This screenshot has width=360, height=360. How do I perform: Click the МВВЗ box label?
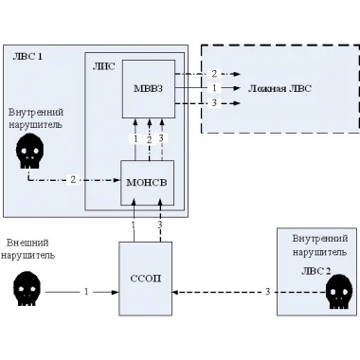click(x=148, y=88)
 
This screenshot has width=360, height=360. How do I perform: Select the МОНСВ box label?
click(x=147, y=183)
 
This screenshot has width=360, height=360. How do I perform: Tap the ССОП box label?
click(x=146, y=279)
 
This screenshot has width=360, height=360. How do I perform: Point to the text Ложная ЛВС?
click(x=279, y=88)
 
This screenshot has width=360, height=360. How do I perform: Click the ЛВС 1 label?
click(x=27, y=57)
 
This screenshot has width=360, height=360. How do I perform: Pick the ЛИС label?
click(x=103, y=66)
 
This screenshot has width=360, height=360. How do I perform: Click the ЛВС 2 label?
click(x=315, y=271)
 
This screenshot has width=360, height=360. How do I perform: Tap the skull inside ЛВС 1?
click(x=29, y=151)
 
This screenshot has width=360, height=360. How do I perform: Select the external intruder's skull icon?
click(x=27, y=289)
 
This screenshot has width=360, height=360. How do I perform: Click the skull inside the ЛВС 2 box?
click(x=339, y=292)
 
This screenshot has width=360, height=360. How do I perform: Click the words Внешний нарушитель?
click(x=27, y=249)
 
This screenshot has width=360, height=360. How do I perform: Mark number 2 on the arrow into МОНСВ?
click(x=73, y=180)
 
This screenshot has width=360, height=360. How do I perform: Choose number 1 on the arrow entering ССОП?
click(x=86, y=292)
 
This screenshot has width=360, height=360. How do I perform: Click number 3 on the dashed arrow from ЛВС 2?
click(x=267, y=292)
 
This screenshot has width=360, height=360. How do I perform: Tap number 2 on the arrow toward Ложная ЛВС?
click(x=214, y=74)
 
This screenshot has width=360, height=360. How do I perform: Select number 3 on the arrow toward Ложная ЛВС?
click(x=214, y=103)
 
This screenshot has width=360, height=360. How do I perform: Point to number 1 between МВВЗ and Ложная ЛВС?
click(x=214, y=88)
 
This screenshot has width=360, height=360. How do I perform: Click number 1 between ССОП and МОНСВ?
click(x=134, y=225)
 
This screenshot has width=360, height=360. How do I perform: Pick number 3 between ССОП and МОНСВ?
click(x=160, y=225)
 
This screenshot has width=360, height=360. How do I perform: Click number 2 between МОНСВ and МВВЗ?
click(x=150, y=139)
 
